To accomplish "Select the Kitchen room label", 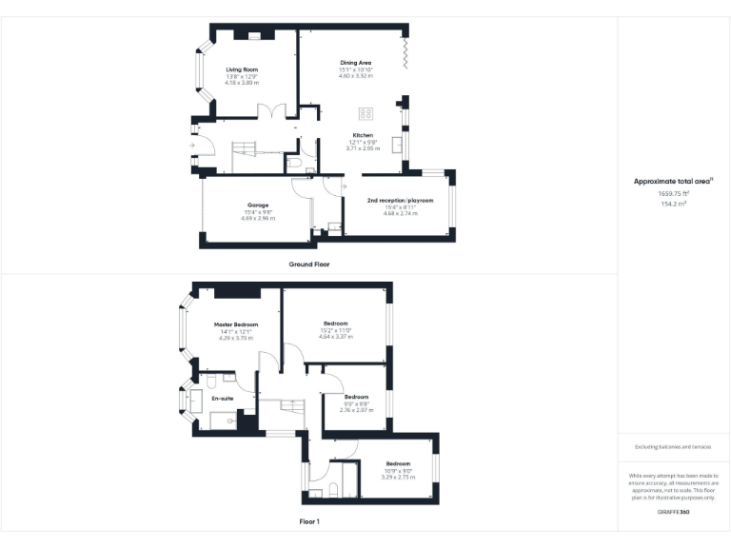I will click(x=363, y=135).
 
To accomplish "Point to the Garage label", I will click(x=258, y=205).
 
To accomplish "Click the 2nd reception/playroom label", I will click(x=400, y=201).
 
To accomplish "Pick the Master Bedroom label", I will click(x=237, y=324).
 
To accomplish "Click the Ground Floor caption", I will click(x=308, y=264).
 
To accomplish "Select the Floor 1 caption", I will click(x=308, y=521).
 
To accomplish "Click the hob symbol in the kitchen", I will click(x=365, y=112).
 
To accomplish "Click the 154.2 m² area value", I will click(x=674, y=203).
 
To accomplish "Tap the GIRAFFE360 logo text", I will click(x=674, y=513).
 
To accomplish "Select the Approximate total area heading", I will click(x=673, y=181).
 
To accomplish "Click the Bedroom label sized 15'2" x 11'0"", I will click(x=336, y=323).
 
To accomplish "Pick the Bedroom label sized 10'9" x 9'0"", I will click(x=398, y=463).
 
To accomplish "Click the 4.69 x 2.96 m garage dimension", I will click(x=258, y=219).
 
